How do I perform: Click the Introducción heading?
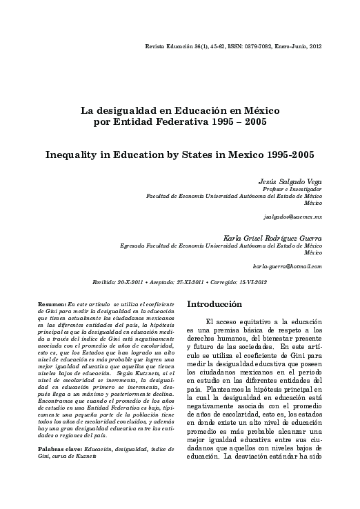point(214,303)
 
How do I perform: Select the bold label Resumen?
point(52,304)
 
